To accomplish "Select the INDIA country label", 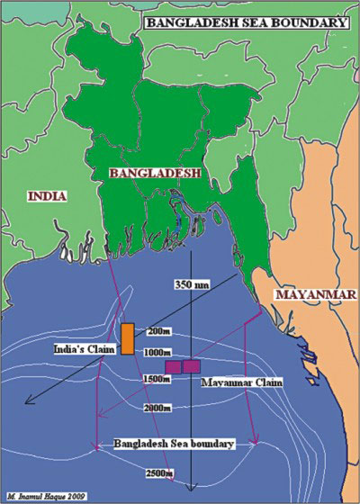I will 47,194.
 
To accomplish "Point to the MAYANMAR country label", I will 314,294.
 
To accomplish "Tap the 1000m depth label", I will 159,351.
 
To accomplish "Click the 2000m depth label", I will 157,409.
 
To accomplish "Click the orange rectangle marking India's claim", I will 128,337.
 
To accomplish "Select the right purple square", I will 191,366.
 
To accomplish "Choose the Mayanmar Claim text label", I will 241,382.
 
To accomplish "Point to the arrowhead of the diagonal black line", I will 29,402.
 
